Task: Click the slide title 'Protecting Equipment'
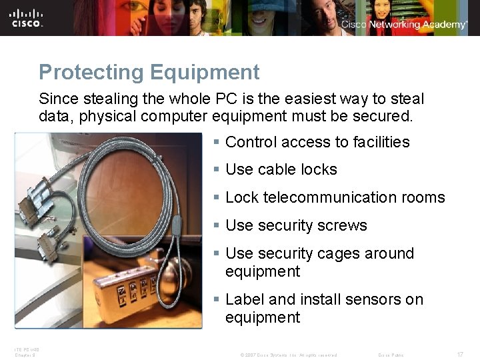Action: tap(149, 72)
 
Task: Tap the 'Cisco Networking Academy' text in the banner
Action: tap(404, 25)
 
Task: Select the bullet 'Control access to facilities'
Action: tap(317, 142)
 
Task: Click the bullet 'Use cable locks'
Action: tap(281, 170)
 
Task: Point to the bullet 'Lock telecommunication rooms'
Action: tap(335, 198)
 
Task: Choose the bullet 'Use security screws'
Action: tap(296, 226)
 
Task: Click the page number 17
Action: tap(460, 355)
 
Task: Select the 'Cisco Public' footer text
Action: tap(391, 355)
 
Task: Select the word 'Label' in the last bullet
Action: tap(244, 300)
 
